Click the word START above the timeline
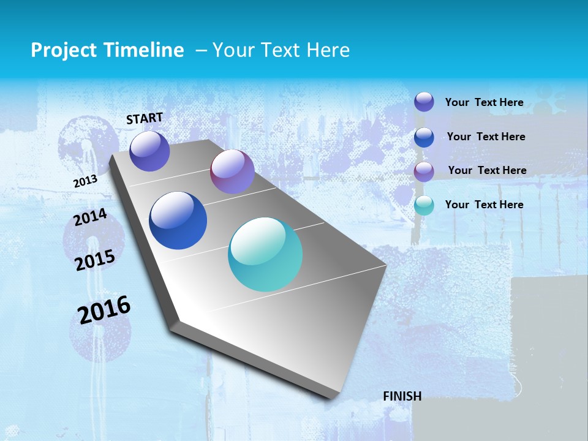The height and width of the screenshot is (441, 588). [145, 118]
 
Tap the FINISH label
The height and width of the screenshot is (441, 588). [402, 396]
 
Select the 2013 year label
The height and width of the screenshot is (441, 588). [85, 181]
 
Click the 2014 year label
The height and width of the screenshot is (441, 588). [90, 217]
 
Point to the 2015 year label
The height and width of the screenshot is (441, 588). [95, 260]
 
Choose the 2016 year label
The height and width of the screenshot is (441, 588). [104, 310]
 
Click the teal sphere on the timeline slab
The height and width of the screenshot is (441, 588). [265, 254]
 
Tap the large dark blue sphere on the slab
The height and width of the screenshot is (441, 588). [178, 221]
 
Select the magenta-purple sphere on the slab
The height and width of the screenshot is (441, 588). [232, 171]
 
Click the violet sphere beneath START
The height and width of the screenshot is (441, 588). [149, 151]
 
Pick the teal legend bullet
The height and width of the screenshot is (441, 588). [424, 205]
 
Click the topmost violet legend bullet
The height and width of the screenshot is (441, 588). [424, 102]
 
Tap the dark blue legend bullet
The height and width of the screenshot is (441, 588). [424, 137]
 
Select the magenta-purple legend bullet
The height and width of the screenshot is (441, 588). [424, 171]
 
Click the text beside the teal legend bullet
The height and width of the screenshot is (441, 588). [484, 205]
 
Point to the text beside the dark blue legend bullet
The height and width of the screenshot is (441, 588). [486, 137]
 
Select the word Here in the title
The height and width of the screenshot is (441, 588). [328, 50]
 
